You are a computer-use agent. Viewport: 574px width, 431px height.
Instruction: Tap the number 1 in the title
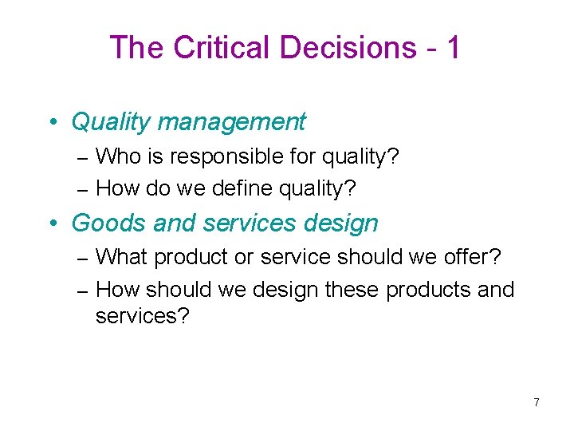[x=453, y=48]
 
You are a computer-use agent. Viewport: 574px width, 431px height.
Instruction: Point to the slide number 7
[x=537, y=402]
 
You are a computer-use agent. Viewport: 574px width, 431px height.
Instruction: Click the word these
[x=354, y=289]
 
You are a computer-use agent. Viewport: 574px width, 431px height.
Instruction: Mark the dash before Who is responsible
[x=85, y=157]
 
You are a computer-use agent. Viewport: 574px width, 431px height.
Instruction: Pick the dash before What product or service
[x=85, y=258]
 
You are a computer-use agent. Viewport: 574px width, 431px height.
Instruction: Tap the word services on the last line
[x=142, y=316]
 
